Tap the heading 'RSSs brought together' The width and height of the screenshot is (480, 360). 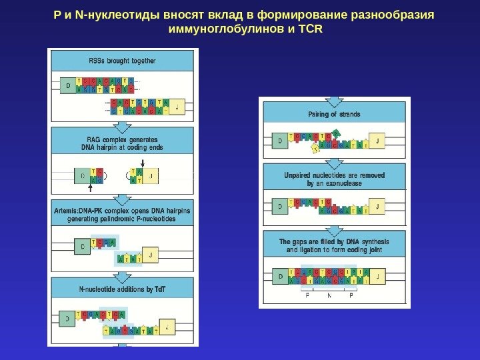click(122, 61)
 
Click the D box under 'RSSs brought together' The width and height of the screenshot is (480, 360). click(67, 86)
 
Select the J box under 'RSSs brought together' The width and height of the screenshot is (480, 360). click(177, 106)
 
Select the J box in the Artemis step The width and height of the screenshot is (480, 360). click(153, 255)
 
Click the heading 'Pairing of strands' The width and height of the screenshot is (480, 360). click(334, 114)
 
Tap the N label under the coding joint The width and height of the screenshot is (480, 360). click(329, 293)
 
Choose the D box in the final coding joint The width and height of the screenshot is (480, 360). click(280, 275)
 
